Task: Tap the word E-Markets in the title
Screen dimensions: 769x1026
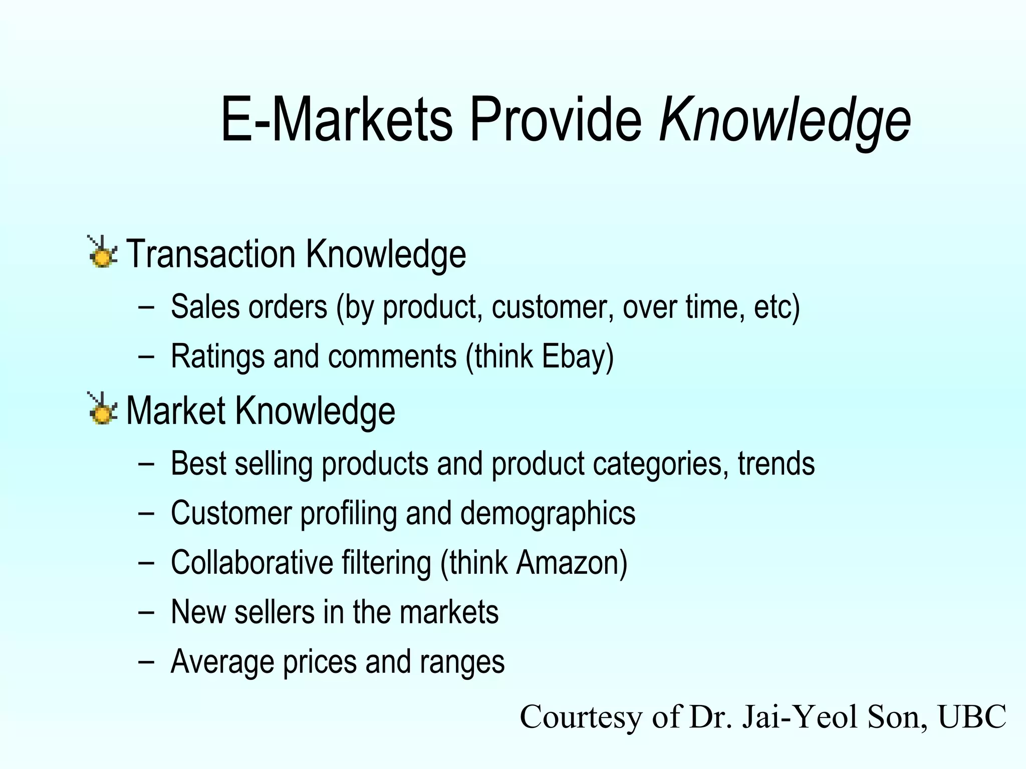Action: coord(336,120)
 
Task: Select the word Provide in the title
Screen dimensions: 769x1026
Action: coord(556,120)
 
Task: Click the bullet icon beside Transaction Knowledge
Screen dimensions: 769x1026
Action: coord(102,252)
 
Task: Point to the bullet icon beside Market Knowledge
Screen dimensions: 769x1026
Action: coord(102,409)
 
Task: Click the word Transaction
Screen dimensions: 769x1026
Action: coord(211,254)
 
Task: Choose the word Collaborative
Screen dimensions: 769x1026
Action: coord(252,563)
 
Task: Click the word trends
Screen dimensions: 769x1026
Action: coord(776,464)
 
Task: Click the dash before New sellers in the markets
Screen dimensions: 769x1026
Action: coord(146,612)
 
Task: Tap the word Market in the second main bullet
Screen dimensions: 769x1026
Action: coord(176,411)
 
